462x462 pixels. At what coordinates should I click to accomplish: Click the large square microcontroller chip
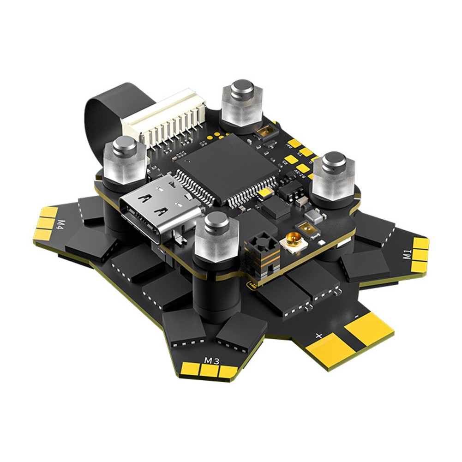(226, 169)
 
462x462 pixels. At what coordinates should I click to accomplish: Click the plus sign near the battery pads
(318, 336)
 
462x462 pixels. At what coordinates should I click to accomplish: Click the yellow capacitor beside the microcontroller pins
(264, 193)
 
